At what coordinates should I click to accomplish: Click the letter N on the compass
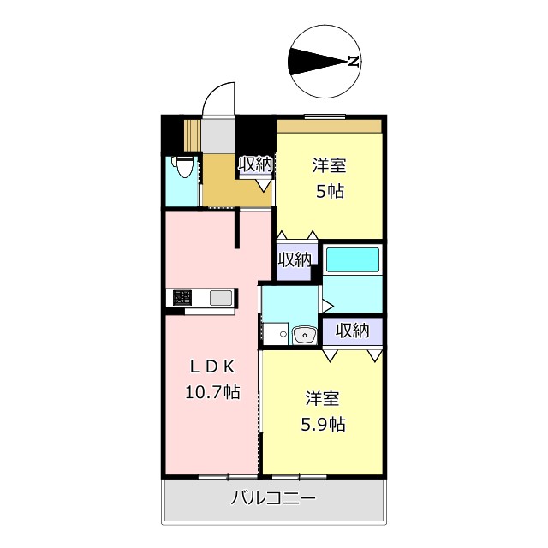352,61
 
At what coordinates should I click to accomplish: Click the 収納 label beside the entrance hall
255,164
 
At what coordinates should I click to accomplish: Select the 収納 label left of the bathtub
294,259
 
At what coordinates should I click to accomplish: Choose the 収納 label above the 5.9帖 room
352,330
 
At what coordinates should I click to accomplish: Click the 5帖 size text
330,191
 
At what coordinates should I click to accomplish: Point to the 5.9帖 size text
324,423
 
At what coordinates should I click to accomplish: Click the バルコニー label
273,498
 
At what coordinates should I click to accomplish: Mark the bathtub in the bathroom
353,259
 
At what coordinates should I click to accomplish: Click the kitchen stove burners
182,298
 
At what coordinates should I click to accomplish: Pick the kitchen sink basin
220,298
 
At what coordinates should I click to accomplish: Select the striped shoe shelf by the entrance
193,134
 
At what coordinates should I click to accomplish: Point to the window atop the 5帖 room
325,116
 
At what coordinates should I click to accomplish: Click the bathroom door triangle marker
327,303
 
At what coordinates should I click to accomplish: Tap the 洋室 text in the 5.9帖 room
324,398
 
